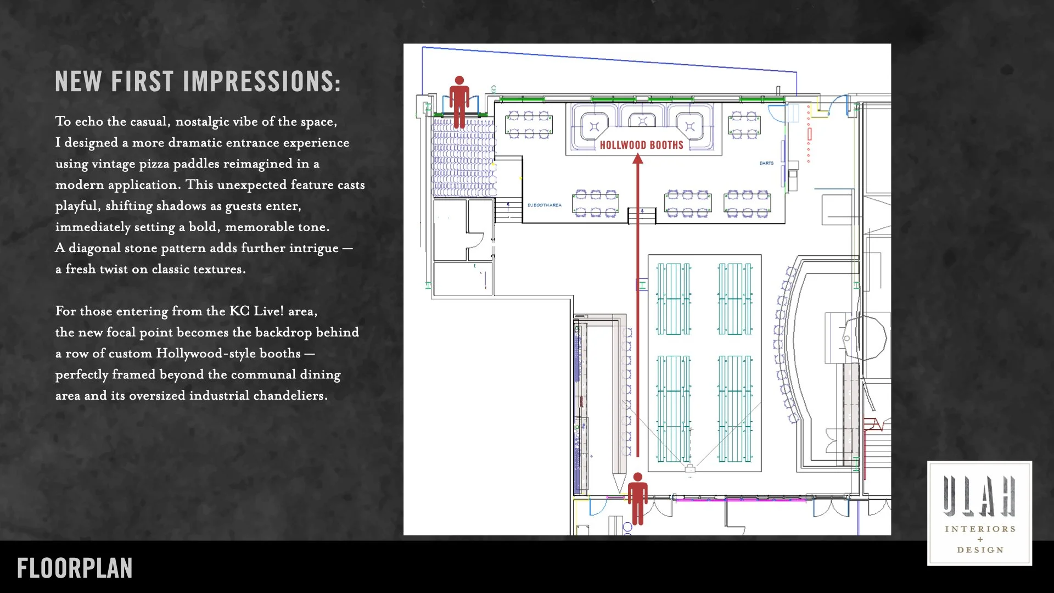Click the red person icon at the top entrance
coord(459,102)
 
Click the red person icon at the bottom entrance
coord(637,499)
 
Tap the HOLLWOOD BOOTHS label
coord(641,145)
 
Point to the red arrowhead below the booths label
coord(637,159)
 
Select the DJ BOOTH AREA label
coord(544,205)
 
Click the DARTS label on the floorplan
coord(766,163)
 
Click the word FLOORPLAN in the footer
coord(75,568)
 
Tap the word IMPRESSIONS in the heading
coord(261,82)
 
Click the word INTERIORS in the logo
coord(980,529)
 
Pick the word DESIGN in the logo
coord(980,550)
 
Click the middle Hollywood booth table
coord(642,121)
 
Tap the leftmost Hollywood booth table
coord(594,127)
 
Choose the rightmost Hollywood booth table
coord(690,126)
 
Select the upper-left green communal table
coord(674,299)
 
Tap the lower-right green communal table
coord(735,409)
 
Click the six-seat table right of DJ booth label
coord(596,204)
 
